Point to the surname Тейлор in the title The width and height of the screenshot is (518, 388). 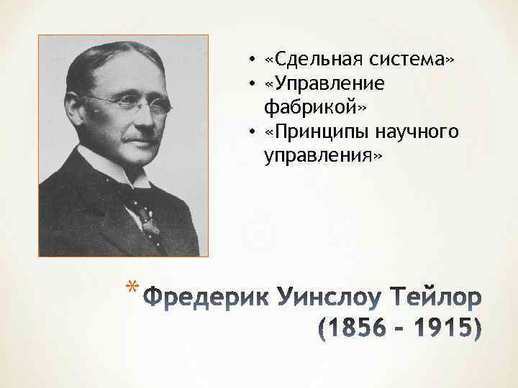431,296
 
